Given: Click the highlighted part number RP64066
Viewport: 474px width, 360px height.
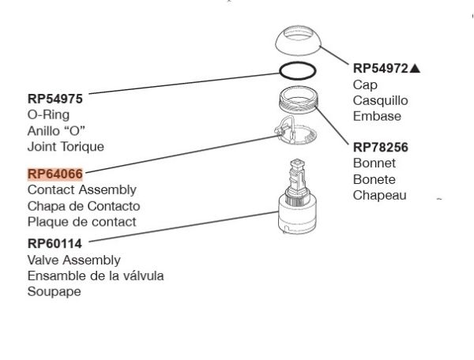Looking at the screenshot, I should pyautogui.click(x=56, y=174).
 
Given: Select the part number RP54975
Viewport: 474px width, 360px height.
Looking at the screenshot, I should pyautogui.click(x=55, y=99).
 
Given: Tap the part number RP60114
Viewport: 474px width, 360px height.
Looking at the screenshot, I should pyautogui.click(x=55, y=244).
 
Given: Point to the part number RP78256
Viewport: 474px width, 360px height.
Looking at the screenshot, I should pyautogui.click(x=381, y=147).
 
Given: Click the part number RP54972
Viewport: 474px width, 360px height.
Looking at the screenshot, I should pyautogui.click(x=381, y=69).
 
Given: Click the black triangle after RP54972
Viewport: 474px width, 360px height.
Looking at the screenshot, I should pyautogui.click(x=416, y=69).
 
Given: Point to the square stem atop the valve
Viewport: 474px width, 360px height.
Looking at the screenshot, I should pyautogui.click(x=298, y=170).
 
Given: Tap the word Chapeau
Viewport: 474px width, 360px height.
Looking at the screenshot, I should pyautogui.click(x=380, y=195).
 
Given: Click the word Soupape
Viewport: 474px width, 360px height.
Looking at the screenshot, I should pyautogui.click(x=55, y=291).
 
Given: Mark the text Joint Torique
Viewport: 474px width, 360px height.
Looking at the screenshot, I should pyautogui.click(x=66, y=146).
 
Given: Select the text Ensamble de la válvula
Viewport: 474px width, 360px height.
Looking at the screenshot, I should pyautogui.click(x=96, y=276).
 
